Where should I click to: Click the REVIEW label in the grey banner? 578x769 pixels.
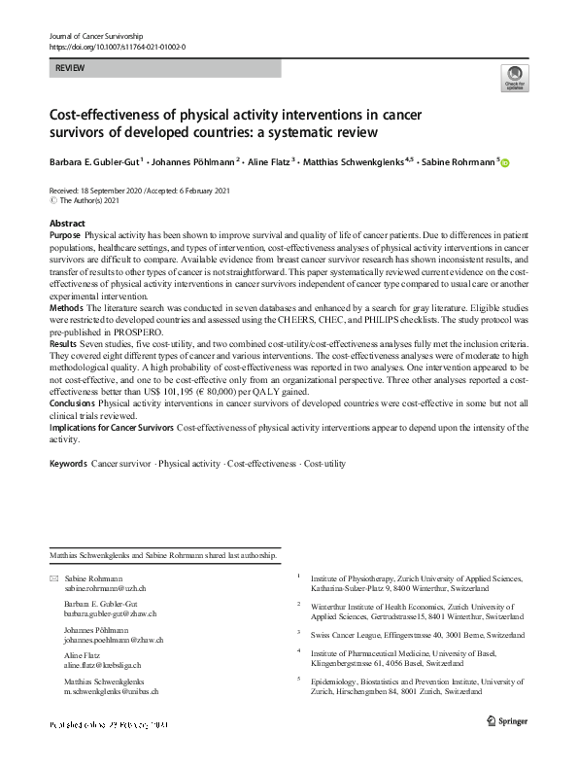pyautogui.click(x=70, y=69)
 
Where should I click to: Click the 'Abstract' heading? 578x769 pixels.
pyautogui.click(x=67, y=224)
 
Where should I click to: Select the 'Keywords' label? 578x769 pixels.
pyautogui.click(x=68, y=464)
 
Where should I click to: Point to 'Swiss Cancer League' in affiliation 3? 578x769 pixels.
pyautogui.click(x=348, y=634)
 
